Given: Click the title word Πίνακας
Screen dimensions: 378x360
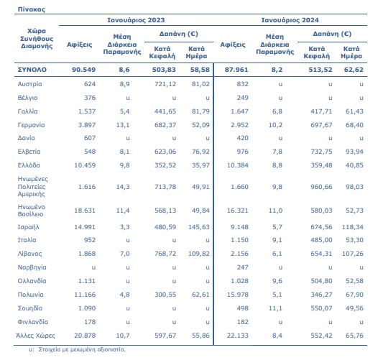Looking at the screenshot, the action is [x=32, y=9].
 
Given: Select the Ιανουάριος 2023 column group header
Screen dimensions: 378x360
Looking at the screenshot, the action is [x=136, y=20].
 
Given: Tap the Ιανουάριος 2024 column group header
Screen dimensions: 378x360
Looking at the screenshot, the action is [x=290, y=20].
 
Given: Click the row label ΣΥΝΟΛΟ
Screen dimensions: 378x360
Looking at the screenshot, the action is [x=32, y=70].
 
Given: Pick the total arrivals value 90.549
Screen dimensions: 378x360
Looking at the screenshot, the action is [x=83, y=70].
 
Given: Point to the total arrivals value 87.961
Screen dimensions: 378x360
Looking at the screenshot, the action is [x=236, y=70].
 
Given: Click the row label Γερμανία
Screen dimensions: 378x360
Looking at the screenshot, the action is [x=31, y=125].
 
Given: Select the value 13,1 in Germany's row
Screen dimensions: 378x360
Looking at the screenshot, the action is [x=123, y=125].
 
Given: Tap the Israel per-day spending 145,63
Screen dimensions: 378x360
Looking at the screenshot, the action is [x=199, y=227].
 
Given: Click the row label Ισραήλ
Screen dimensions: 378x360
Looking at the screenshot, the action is [x=28, y=227].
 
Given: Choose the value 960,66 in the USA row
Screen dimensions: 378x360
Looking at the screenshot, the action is [x=321, y=187].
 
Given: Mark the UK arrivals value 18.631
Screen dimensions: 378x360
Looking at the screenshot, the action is [x=85, y=211].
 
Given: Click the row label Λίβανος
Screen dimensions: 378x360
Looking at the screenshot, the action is [x=29, y=254].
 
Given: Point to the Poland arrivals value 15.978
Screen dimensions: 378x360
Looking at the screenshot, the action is [x=237, y=295].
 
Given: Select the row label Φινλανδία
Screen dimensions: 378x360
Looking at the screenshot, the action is [x=33, y=322].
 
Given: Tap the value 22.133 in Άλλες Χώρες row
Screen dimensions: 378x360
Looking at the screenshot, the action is [x=237, y=336].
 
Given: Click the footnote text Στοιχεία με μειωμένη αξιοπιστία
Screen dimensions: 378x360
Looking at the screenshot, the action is [x=82, y=349].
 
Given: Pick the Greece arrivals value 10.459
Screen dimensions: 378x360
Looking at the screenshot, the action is [x=85, y=165].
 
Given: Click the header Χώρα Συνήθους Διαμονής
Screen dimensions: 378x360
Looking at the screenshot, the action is [x=37, y=39].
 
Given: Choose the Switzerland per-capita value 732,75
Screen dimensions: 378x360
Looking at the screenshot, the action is [x=321, y=152].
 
